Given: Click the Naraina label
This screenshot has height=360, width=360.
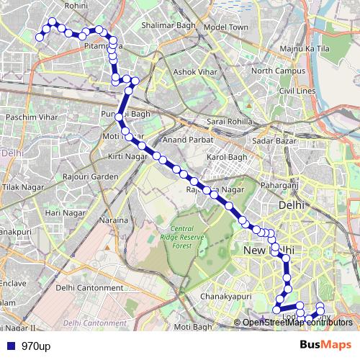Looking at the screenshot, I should pyautogui.click(x=114, y=220).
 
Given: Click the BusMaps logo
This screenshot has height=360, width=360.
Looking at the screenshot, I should pyautogui.click(x=326, y=345).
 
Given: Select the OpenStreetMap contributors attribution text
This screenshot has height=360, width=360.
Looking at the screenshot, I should pyautogui.click(x=297, y=323).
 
